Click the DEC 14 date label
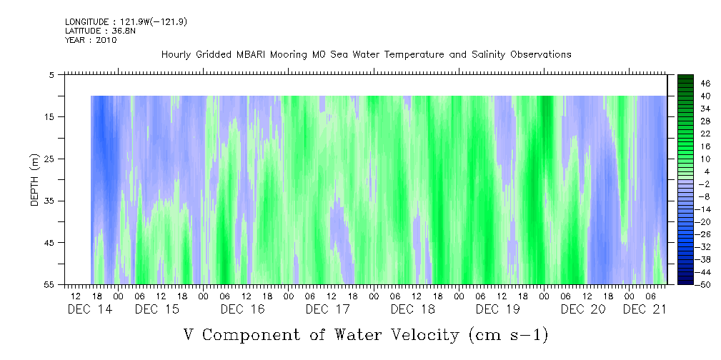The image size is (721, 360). pos(89,309)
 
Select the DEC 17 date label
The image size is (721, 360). pos(328,309)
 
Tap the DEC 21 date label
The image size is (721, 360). pos(645,309)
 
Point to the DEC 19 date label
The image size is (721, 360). pos(498,309)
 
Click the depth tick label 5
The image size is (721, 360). pos(51,74)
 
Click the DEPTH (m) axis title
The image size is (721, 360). pos(35,180)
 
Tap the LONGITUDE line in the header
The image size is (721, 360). pos(126,21)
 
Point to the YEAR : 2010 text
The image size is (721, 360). pos(91,40)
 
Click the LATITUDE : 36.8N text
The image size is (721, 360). pos(99,31)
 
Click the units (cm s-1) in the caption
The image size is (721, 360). pos(509,336)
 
